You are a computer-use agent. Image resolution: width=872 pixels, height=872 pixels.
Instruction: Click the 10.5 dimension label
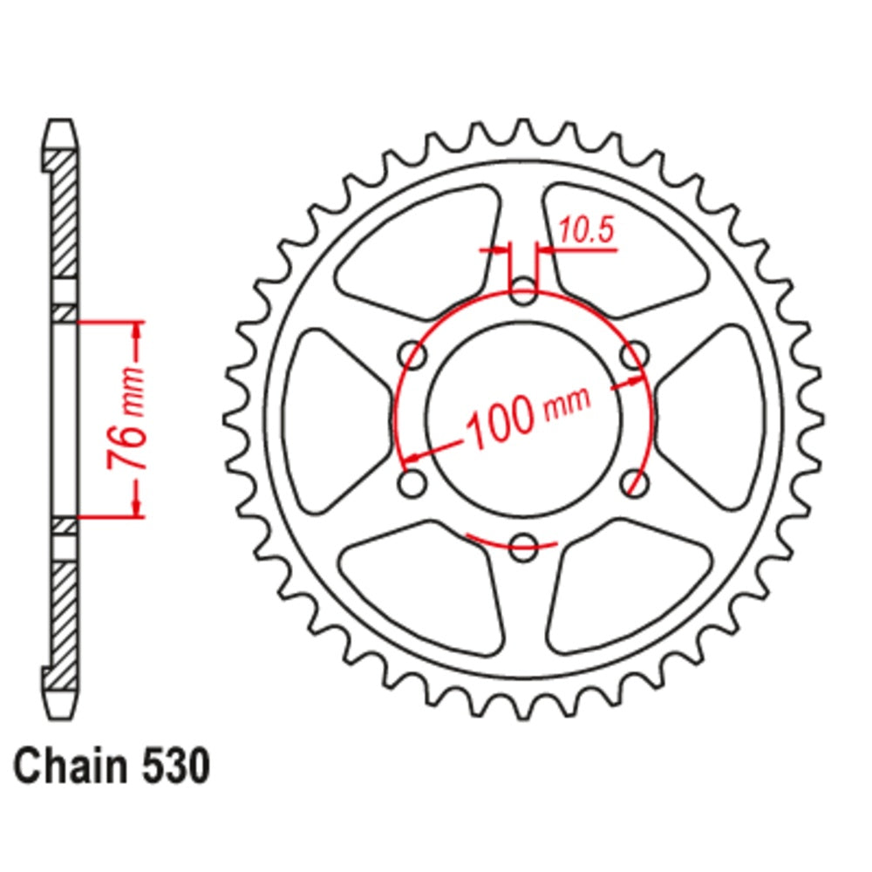pos(586,231)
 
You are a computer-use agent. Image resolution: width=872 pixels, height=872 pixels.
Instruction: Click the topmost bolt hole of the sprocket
pos(523,292)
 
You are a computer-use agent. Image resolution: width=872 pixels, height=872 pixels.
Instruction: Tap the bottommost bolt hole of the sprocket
pos(523,548)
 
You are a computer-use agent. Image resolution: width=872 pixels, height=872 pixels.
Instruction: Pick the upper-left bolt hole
pos(412,356)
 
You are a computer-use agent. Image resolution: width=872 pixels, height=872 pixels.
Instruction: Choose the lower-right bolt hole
pos(634,484)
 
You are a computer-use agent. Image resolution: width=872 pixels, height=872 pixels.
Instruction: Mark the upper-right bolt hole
pos(634,356)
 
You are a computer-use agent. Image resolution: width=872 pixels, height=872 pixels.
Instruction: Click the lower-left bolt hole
pos(412,484)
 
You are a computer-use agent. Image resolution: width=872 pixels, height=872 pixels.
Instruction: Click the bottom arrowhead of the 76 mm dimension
pos(136,508)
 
